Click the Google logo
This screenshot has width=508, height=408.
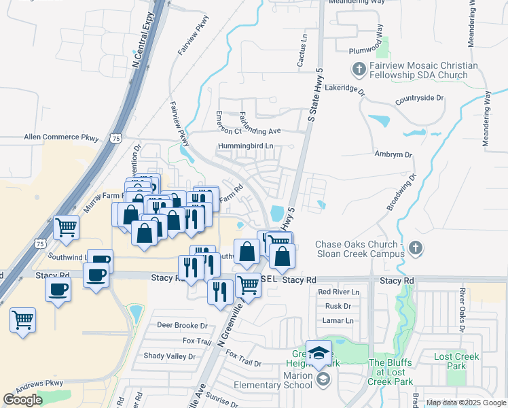22,400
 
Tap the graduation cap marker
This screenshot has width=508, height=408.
319,352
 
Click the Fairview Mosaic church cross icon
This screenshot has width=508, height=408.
359,69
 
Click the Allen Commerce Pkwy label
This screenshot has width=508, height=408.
61,137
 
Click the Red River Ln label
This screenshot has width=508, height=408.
338,292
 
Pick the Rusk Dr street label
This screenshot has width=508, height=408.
338,306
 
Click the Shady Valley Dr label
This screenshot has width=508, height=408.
169,356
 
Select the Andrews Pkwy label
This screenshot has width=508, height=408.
39,386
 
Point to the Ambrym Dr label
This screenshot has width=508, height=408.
394,155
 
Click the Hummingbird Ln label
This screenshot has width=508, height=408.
245,146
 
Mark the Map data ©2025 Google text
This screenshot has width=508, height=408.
466,403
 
